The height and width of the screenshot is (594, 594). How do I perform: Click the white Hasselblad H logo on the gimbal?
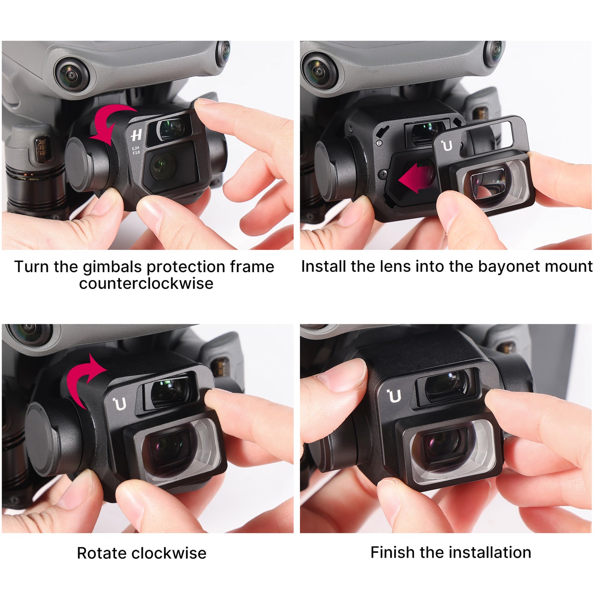(136, 135)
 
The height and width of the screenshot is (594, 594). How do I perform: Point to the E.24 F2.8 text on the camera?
(136, 150)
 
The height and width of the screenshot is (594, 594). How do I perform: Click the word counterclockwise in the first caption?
(146, 284)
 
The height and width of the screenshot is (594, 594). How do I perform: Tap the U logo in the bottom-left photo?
(120, 404)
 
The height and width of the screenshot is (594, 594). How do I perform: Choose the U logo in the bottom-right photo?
(394, 396)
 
